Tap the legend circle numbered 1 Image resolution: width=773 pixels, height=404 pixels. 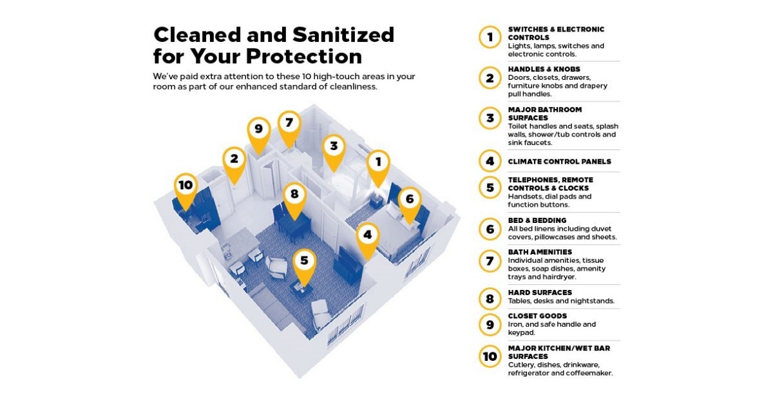490,37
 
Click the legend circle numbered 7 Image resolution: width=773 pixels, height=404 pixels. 490,261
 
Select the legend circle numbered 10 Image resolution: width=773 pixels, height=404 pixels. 490,356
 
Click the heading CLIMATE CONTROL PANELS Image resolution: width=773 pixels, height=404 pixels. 559,162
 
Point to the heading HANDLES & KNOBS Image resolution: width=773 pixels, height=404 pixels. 544,69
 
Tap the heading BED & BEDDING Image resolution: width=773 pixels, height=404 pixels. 537,220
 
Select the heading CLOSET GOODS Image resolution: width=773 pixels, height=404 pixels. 537,316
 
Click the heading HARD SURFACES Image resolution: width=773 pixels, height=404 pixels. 540,293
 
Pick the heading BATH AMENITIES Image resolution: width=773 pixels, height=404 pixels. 540,252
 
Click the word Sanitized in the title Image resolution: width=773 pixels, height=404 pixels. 343,35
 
